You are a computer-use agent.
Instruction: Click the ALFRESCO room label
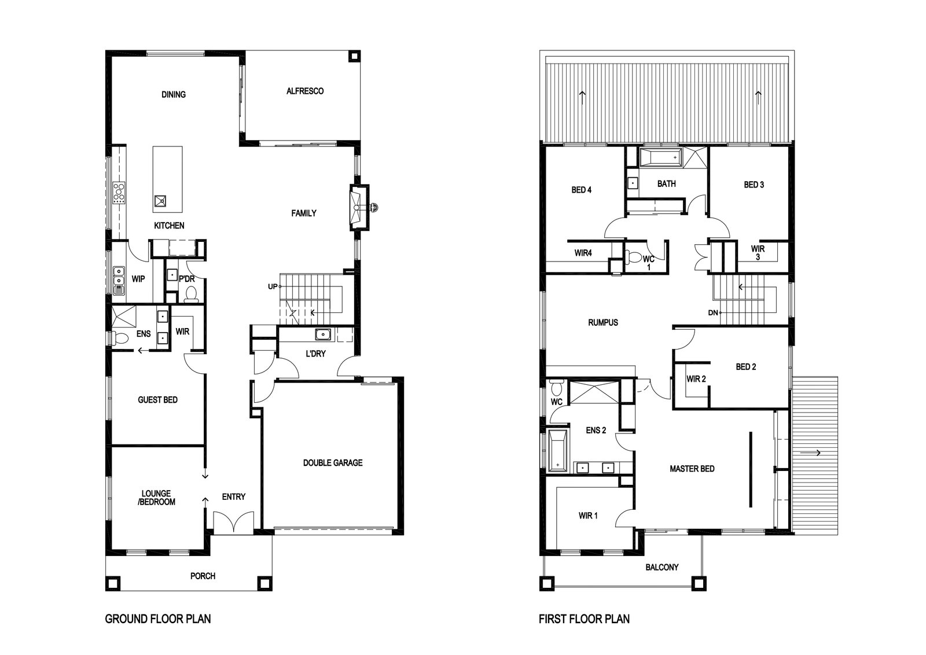305,91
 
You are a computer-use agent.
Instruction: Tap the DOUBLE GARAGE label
333,463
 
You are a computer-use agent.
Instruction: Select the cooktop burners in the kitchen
119,193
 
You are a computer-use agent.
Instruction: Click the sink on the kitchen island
161,201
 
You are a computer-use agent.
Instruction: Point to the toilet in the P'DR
191,295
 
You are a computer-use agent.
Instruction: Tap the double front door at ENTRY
234,521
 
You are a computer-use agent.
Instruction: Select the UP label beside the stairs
273,286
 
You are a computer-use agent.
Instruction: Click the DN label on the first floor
713,313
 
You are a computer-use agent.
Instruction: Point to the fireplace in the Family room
358,208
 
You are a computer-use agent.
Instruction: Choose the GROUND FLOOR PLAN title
158,619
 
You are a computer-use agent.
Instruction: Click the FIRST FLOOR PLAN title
584,619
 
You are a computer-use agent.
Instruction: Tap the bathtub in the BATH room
660,158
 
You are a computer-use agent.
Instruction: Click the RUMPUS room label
603,322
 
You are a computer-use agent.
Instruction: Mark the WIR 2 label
696,378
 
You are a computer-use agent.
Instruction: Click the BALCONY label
662,568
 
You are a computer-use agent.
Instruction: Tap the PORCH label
203,576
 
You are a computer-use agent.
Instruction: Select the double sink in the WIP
119,280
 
